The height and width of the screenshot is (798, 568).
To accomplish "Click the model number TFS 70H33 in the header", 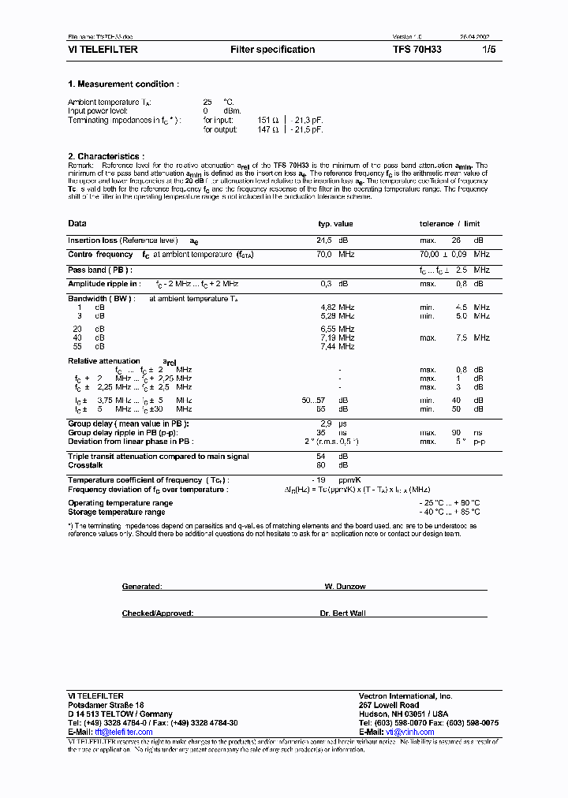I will pos(417,50).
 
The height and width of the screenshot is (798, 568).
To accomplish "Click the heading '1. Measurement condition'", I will pos(123,84).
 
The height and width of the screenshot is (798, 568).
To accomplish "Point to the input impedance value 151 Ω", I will pos(270,120).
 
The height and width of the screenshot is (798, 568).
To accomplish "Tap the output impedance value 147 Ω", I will pos(270,129).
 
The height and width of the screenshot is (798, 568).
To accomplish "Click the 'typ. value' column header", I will pos(335,224).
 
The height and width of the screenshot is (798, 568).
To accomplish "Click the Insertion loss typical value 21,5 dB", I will pos(332,241).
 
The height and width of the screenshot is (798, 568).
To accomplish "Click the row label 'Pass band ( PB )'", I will pos(99,270).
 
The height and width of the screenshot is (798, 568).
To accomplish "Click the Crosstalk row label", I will pos(85,465).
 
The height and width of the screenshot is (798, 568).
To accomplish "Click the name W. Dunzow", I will pos(345,587).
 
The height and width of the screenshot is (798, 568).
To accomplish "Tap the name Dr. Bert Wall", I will pos(343,613).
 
